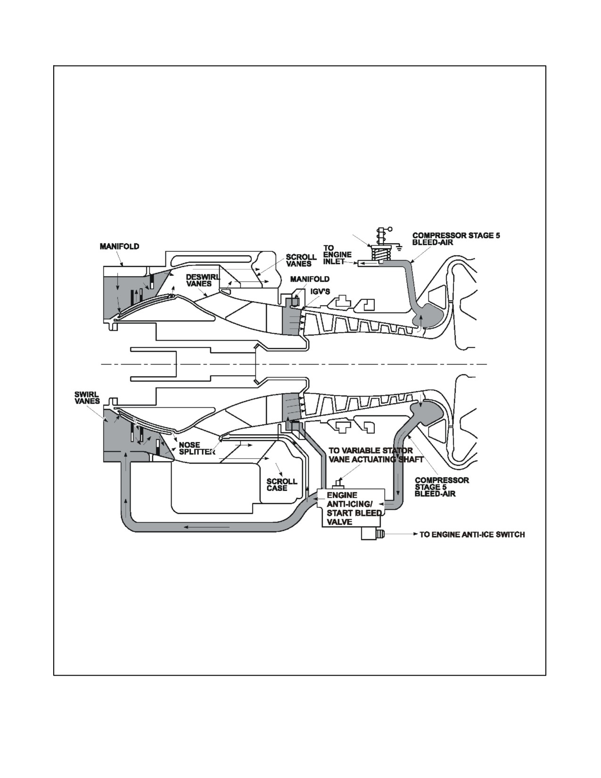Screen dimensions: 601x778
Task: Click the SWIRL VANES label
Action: pyautogui.click(x=87, y=398)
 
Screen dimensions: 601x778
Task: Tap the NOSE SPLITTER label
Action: pyautogui.click(x=197, y=448)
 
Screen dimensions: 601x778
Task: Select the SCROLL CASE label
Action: pyautogui.click(x=282, y=485)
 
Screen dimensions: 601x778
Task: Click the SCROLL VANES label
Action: pyautogui.click(x=301, y=260)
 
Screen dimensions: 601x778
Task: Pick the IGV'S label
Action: pyautogui.click(x=320, y=292)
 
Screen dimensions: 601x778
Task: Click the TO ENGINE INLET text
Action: pyautogui.click(x=337, y=255)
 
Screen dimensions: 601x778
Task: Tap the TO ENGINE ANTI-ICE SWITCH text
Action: pyautogui.click(x=472, y=535)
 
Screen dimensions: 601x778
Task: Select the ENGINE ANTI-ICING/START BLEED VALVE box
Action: pyautogui.click(x=353, y=507)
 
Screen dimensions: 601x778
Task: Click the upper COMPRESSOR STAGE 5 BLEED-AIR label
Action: pyautogui.click(x=456, y=239)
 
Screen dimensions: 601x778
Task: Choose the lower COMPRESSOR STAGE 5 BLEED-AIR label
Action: pyautogui.click(x=442, y=487)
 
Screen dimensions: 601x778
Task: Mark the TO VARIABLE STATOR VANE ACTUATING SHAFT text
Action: pyautogui.click(x=376, y=455)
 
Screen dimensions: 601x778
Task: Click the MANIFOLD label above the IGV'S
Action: pyautogui.click(x=310, y=279)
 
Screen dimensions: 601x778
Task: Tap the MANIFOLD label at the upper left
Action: pyautogui.click(x=119, y=246)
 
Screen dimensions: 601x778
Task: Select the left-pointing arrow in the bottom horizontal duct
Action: pyautogui.click(x=206, y=527)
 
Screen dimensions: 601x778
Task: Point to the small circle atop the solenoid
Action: pyautogui.click(x=390, y=229)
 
